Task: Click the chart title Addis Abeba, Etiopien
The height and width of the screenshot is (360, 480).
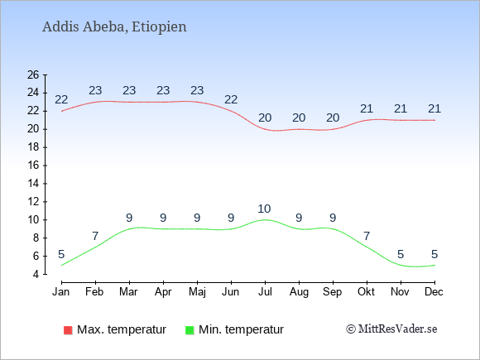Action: click(114, 27)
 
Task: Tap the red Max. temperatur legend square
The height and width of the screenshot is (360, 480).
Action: click(68, 330)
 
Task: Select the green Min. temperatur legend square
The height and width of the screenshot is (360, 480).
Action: click(190, 330)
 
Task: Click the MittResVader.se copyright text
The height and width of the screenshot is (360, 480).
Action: click(391, 329)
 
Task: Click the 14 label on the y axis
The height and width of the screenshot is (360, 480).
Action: click(33, 184)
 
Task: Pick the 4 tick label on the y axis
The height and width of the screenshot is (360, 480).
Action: click(36, 274)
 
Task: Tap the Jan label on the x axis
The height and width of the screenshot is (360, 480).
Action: click(61, 292)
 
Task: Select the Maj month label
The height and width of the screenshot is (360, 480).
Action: click(197, 292)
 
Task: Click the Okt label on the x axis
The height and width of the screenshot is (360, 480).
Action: click(366, 292)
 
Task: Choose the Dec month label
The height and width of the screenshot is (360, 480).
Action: click(434, 292)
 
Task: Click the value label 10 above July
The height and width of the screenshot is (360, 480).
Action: click(264, 209)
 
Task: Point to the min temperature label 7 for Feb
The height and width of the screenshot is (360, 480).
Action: click(95, 236)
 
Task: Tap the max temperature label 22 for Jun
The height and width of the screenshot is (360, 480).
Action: click(231, 99)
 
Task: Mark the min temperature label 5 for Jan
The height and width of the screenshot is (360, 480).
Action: click(61, 254)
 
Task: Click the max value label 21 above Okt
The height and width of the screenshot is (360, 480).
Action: click(367, 108)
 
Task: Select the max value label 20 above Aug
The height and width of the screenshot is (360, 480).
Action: click(299, 118)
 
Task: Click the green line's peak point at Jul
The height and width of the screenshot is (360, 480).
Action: click(265, 220)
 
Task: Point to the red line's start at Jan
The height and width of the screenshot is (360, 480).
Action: click(61, 111)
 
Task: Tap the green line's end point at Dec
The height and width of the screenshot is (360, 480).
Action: click(434, 265)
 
